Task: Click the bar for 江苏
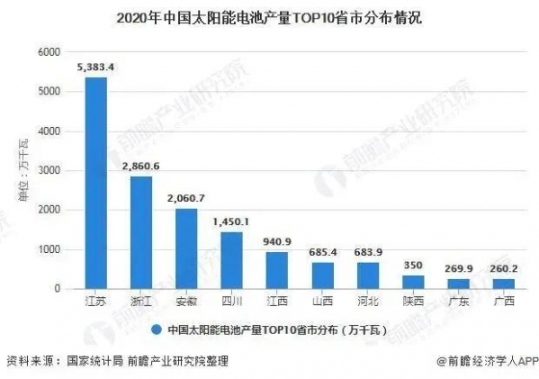click(95, 183)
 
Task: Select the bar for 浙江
click(141, 232)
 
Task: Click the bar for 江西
click(277, 270)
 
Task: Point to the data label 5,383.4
click(95, 66)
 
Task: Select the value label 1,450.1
click(231, 221)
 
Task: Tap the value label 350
click(413, 265)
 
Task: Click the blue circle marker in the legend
click(157, 329)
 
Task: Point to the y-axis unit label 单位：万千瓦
click(22, 171)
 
